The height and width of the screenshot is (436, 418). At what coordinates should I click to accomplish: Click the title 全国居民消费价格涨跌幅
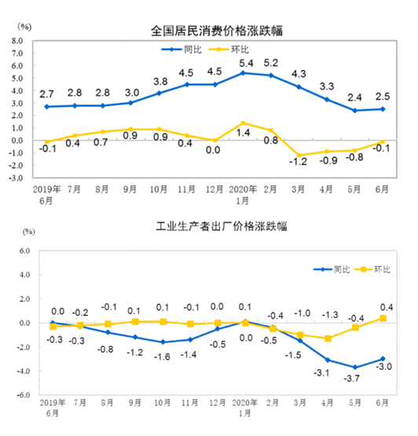217,31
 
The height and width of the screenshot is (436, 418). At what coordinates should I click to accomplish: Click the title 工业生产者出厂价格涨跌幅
218,228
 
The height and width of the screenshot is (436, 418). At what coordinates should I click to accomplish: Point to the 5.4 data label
246,62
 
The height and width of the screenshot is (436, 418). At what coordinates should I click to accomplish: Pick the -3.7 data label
354,380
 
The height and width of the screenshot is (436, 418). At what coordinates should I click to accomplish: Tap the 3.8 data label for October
160,81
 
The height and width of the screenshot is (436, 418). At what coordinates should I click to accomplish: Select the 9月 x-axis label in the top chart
131,190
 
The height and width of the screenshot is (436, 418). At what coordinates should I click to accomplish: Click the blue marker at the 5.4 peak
244,73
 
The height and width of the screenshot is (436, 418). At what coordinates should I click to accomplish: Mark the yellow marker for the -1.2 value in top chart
299,156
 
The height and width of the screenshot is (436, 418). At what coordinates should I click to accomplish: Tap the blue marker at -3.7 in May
354,367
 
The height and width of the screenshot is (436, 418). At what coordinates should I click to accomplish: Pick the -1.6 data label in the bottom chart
162,355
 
